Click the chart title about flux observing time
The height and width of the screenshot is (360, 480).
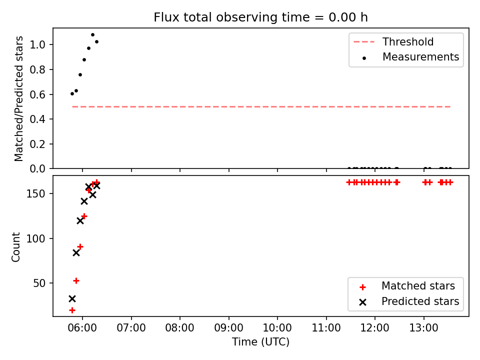pyautogui.click(x=260, y=17)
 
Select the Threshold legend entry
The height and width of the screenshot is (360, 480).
pyautogui.click(x=393, y=41)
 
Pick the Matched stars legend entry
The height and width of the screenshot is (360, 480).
pyautogui.click(x=407, y=286)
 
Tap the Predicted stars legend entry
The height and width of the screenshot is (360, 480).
pyautogui.click(x=409, y=301)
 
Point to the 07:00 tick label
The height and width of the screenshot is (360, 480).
pyautogui.click(x=131, y=328)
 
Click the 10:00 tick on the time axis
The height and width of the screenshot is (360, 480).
pyautogui.click(x=277, y=328)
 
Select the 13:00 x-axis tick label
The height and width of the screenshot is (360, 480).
pyautogui.click(x=423, y=328)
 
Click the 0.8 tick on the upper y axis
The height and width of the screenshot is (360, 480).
pyautogui.click(x=37, y=70)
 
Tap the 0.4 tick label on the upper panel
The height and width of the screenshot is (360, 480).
pyautogui.click(x=37, y=119)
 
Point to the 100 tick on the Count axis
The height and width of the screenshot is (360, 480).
pyautogui.click(x=35, y=238)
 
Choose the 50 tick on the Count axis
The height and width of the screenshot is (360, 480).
pyautogui.click(x=39, y=283)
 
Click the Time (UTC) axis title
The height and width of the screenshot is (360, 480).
pyautogui.click(x=260, y=341)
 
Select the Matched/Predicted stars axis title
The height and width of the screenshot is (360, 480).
pyautogui.click(x=18, y=98)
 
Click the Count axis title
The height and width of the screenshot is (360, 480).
pyautogui.click(x=15, y=246)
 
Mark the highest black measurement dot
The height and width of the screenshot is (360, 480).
pyautogui.click(x=93, y=34)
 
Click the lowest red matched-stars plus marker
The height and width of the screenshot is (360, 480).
pyautogui.click(x=72, y=310)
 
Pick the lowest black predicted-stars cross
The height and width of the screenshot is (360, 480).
pyautogui.click(x=72, y=298)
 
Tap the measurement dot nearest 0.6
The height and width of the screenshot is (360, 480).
pyautogui.click(x=72, y=93)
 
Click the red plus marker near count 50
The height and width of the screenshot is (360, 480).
pyautogui.click(x=76, y=280)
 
